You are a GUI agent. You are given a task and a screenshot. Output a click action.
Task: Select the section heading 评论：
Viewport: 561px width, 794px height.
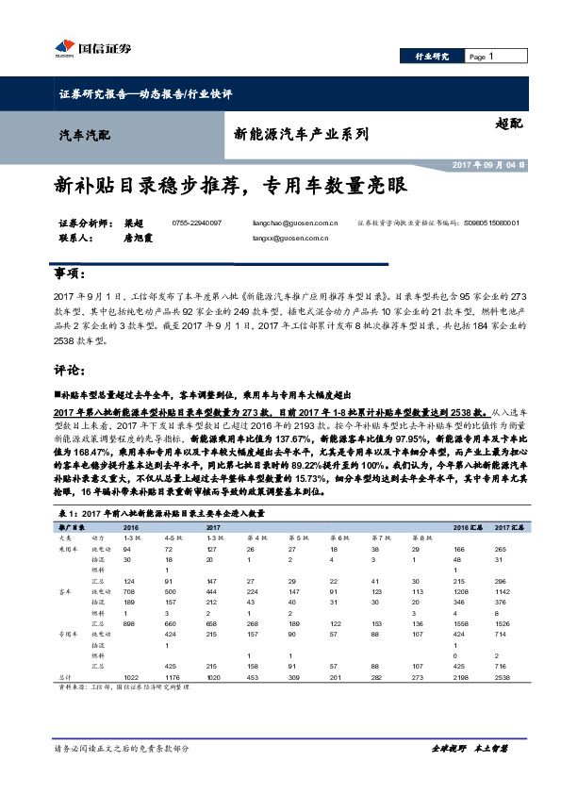click(72, 369)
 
